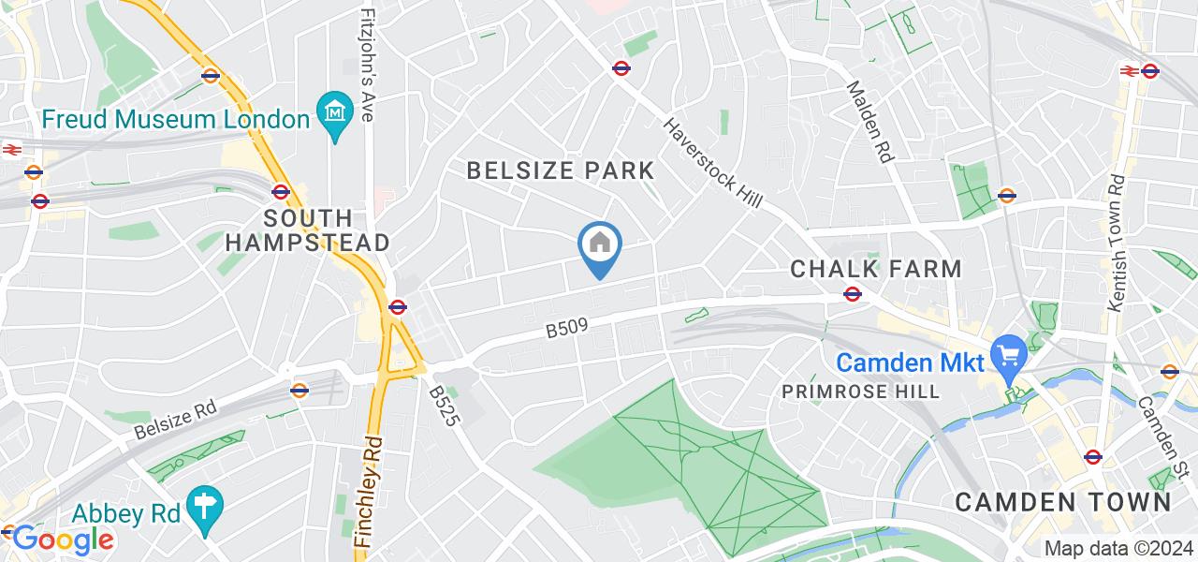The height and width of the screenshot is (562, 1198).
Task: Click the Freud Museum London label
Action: click(x=175, y=120)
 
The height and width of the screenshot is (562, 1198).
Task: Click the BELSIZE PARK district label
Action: click(x=561, y=170)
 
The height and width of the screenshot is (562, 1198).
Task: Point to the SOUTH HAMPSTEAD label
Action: click(x=327, y=230)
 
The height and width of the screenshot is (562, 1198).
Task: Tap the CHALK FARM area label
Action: click(x=876, y=270)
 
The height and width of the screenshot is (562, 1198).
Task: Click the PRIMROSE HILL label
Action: click(x=861, y=392)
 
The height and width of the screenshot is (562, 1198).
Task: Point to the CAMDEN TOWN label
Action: click(x=1063, y=501)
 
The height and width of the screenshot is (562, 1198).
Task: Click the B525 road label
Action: click(x=444, y=404)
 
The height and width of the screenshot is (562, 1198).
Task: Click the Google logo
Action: click(x=62, y=540)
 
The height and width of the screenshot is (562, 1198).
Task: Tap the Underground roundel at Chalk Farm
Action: click(x=852, y=294)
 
